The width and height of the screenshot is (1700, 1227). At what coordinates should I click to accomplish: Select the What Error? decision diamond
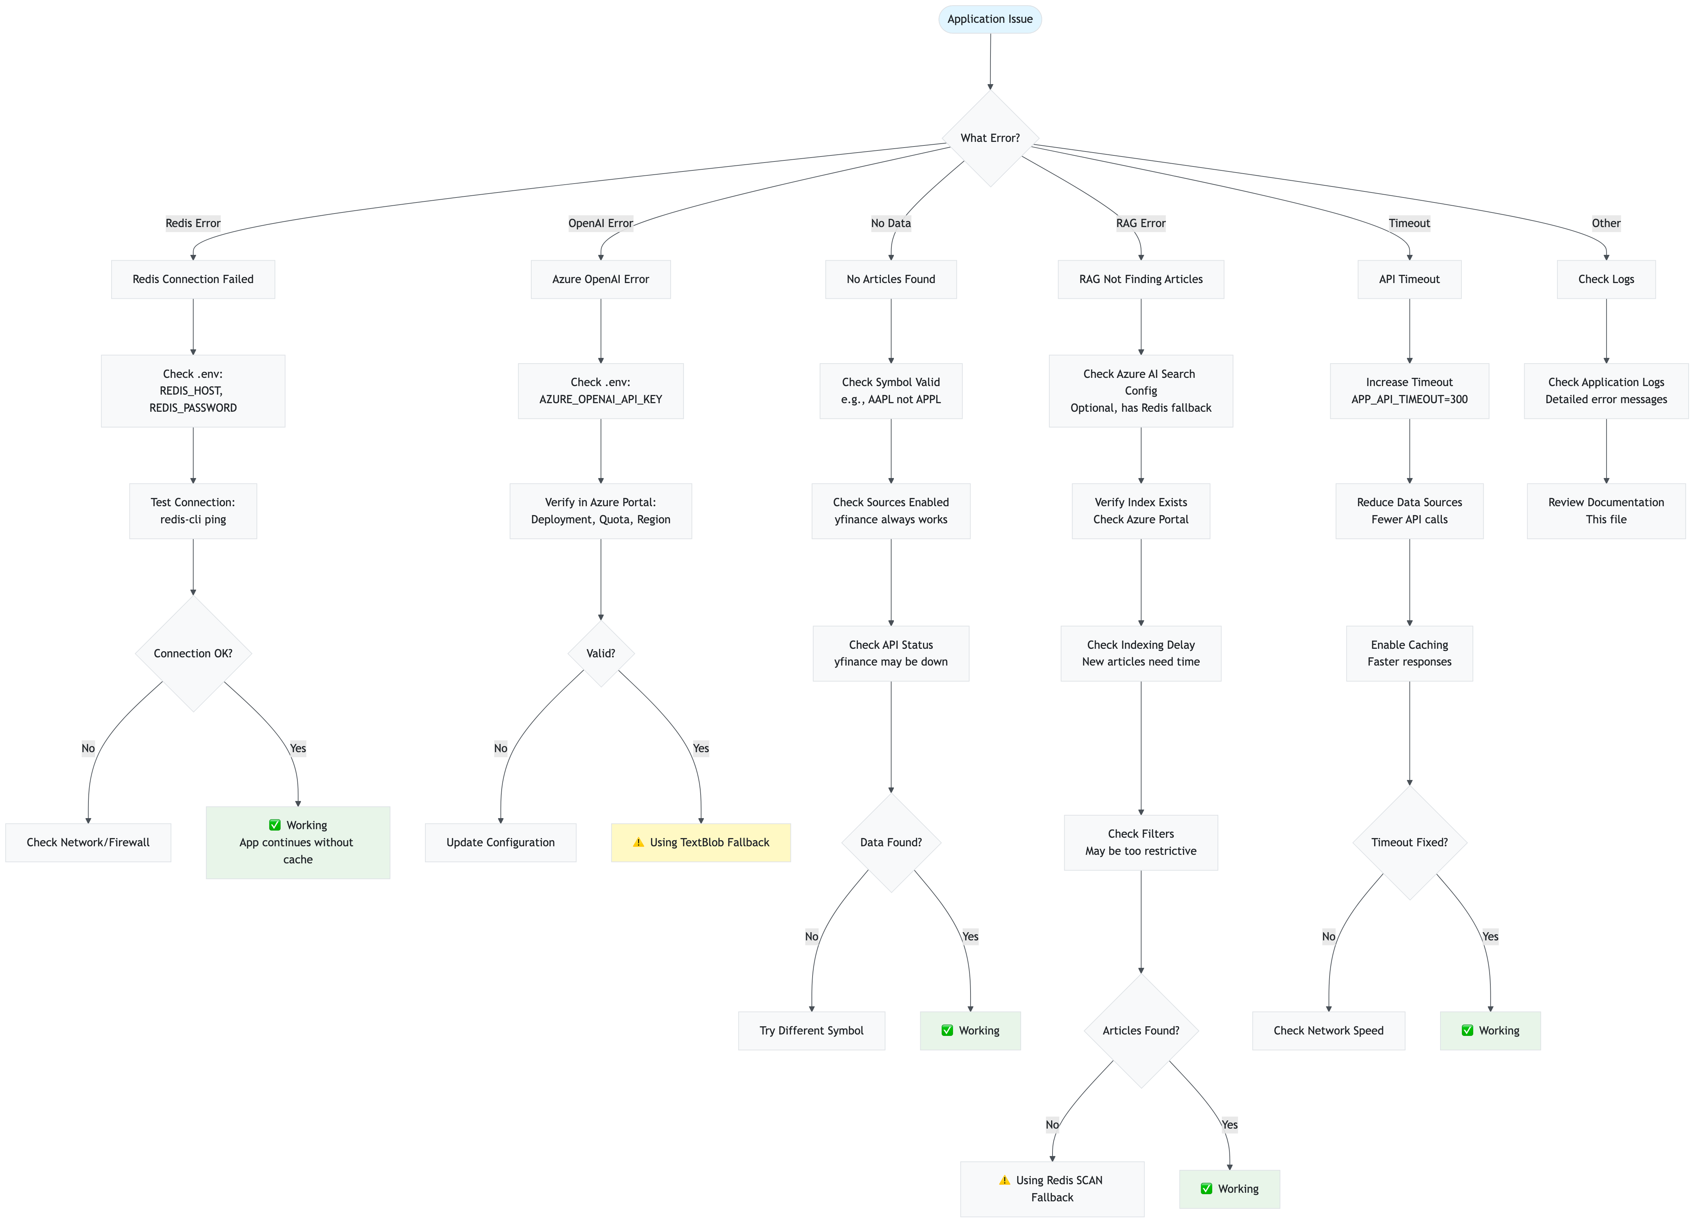(989, 138)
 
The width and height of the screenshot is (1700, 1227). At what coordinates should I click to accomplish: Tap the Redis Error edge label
(193, 222)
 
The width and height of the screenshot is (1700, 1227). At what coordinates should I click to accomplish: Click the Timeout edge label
(1409, 222)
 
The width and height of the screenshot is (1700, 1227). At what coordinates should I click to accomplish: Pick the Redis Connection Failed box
(193, 279)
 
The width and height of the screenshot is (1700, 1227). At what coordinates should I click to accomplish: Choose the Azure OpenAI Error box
(600, 279)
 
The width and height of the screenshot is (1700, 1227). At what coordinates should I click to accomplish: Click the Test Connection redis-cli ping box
(193, 510)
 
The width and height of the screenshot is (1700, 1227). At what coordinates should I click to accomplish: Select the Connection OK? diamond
(193, 653)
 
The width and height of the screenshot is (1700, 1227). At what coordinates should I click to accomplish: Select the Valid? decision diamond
(600, 653)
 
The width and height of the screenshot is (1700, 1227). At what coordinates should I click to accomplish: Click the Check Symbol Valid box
(891, 390)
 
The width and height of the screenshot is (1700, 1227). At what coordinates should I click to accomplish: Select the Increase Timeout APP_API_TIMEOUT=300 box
(1409, 390)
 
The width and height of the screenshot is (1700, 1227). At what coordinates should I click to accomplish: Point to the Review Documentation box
(1606, 510)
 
